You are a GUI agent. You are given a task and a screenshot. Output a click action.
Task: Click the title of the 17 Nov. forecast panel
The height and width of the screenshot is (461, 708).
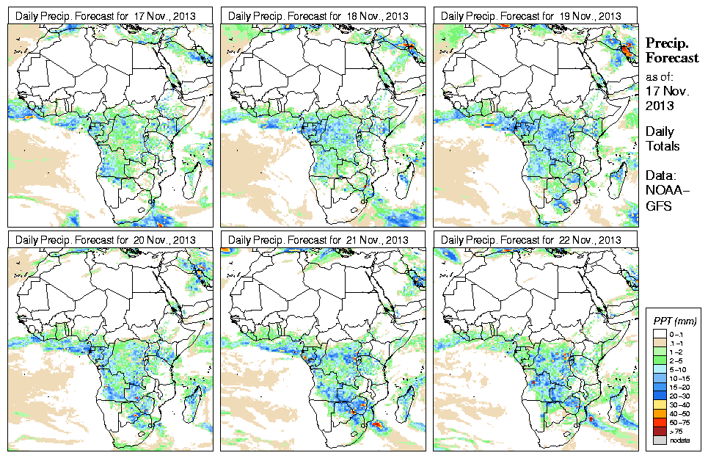106,16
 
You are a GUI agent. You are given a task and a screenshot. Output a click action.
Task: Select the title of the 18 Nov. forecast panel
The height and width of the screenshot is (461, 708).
318,16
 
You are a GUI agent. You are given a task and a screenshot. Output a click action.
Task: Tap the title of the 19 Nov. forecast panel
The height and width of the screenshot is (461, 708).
531,16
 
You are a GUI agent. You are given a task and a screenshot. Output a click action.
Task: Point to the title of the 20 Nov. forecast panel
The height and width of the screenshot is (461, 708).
106,240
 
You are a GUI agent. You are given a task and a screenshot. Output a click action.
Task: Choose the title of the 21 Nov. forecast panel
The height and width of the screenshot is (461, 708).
318,240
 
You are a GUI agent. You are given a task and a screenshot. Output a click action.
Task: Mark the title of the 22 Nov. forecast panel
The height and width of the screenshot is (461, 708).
531,240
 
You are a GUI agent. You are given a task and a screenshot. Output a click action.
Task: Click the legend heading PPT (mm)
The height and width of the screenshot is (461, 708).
675,322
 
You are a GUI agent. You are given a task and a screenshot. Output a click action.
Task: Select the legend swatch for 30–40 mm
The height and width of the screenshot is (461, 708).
658,403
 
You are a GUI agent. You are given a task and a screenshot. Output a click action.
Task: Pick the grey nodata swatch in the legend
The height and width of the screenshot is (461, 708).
658,439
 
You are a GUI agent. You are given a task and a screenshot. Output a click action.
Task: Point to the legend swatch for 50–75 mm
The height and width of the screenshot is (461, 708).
658,421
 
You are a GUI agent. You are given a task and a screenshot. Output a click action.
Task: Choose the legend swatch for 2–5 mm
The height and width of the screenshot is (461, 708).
658,359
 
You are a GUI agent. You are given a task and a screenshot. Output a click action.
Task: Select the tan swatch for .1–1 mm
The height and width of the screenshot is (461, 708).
658,341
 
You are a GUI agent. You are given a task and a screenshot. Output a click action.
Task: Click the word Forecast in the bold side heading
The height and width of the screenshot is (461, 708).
671,59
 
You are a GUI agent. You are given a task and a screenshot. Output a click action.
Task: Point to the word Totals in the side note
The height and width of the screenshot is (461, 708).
663,146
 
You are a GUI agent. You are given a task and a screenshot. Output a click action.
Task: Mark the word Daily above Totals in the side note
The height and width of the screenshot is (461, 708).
660,131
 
